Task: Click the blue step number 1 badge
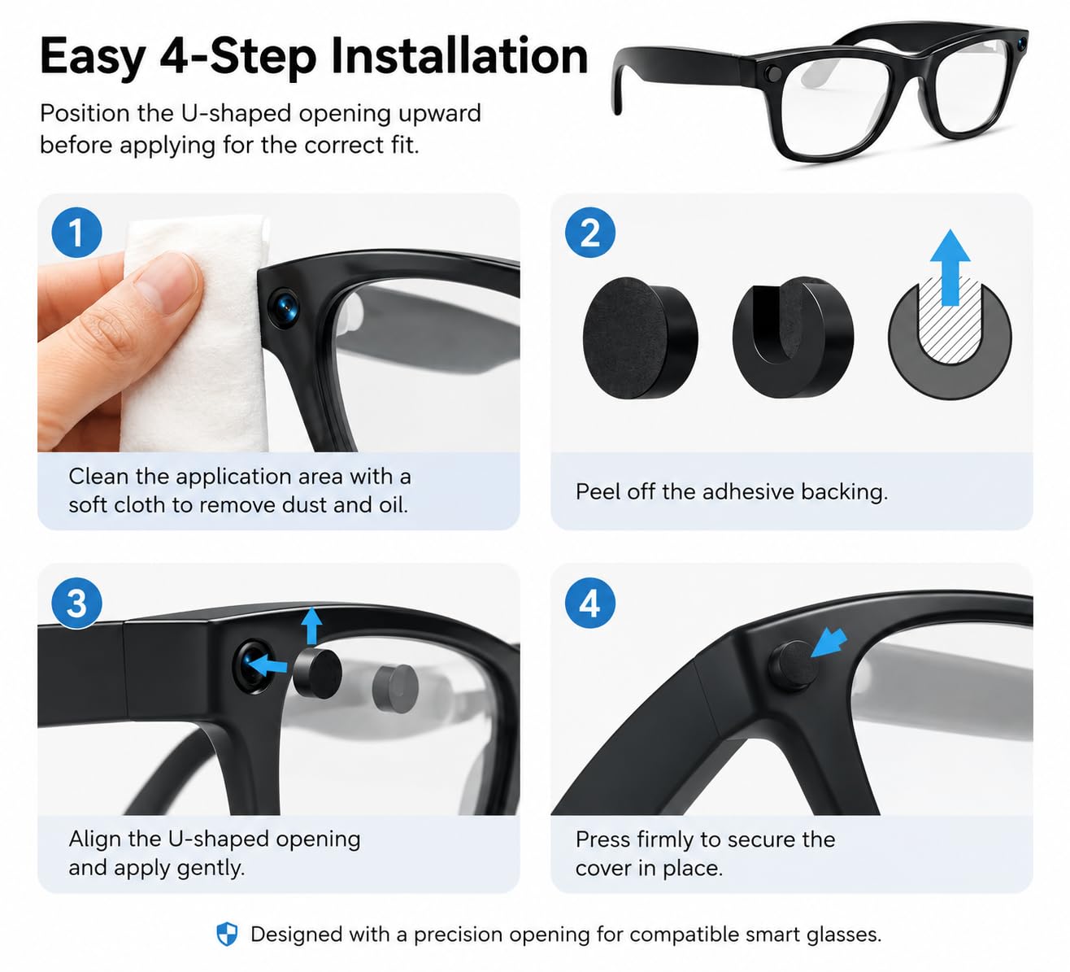76,233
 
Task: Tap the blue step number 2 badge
590,233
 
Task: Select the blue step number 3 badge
76,604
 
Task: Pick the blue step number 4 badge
590,604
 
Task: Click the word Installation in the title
459,56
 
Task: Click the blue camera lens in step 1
284,307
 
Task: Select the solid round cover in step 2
640,338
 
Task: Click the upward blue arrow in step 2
950,268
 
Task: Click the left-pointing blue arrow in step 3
267,665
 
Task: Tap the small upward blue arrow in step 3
311,626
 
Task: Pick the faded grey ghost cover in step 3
395,689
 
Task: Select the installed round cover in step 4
794,665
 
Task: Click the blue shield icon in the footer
227,934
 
